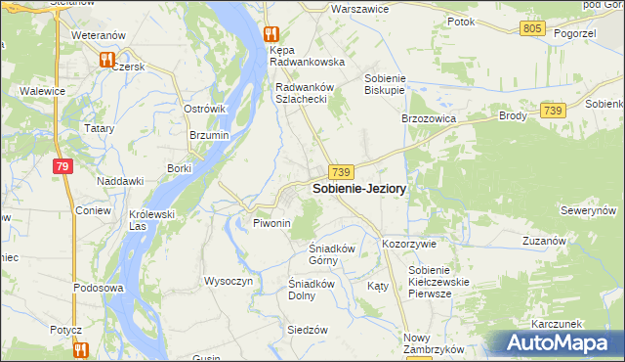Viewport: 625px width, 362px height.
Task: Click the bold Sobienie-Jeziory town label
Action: [359, 188]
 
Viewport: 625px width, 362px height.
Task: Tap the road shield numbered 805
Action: [532, 28]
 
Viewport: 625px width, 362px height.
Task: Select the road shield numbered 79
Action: [62, 167]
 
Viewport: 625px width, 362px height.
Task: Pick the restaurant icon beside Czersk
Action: [105, 61]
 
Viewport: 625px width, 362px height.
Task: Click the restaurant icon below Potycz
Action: [78, 348]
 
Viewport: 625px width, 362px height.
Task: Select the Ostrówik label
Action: [205, 109]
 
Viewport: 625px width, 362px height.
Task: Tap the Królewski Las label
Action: [151, 220]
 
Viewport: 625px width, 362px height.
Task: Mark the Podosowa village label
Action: [98, 289]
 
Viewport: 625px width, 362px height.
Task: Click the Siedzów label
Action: [307, 330]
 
